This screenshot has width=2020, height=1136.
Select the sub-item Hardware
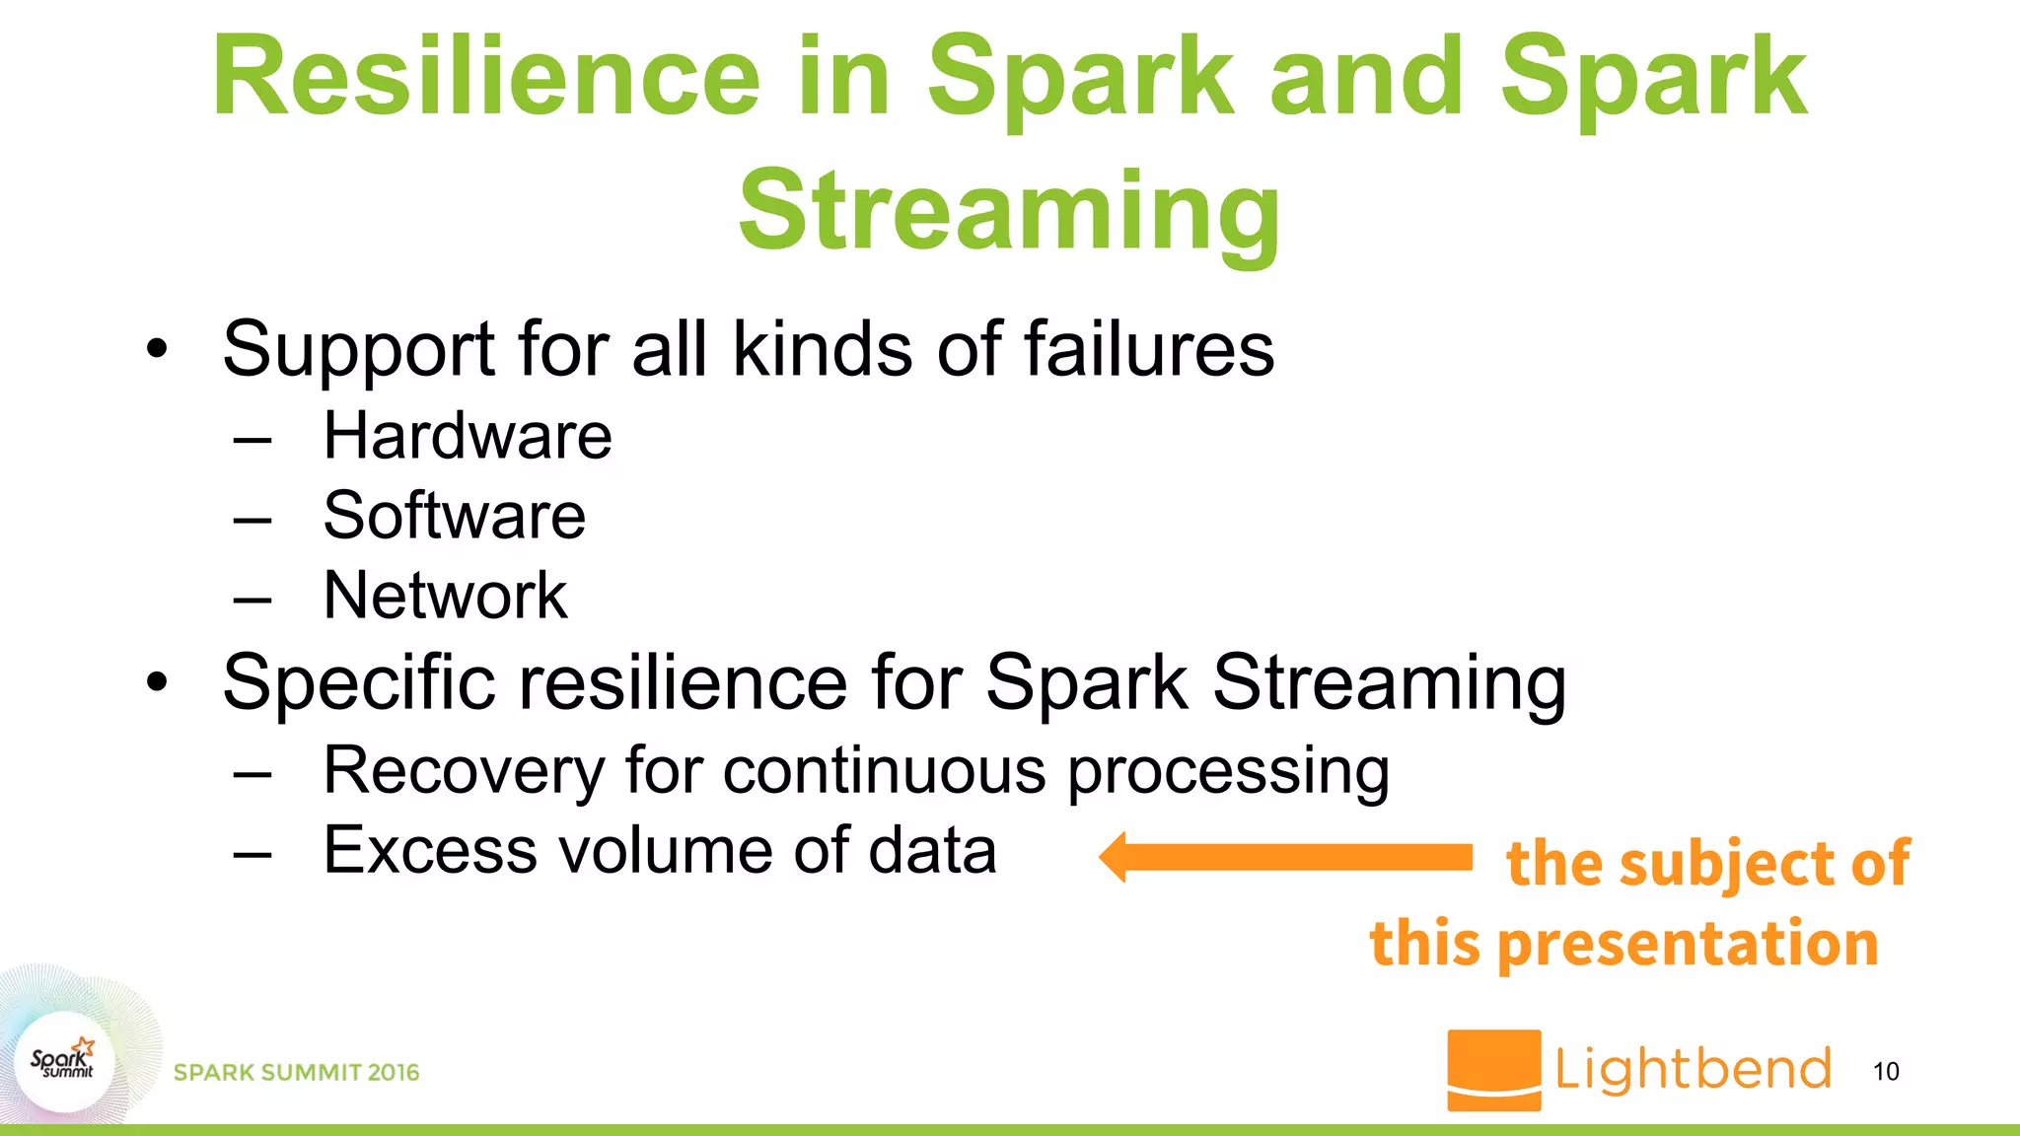point(468,436)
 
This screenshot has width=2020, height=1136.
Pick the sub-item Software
point(454,516)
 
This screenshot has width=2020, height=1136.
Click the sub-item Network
point(445,596)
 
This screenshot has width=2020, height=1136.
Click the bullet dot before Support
point(157,350)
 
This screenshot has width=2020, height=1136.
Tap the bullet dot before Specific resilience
point(157,682)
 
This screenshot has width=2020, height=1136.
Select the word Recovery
point(463,770)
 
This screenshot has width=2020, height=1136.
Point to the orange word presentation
point(1688,944)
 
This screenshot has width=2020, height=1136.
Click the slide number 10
point(1885,1072)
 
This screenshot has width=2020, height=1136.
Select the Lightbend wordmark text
point(1693,1070)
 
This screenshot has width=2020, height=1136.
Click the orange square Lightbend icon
point(1493,1070)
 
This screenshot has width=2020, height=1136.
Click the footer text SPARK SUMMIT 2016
point(296,1073)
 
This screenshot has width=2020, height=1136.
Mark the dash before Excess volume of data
point(252,854)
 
